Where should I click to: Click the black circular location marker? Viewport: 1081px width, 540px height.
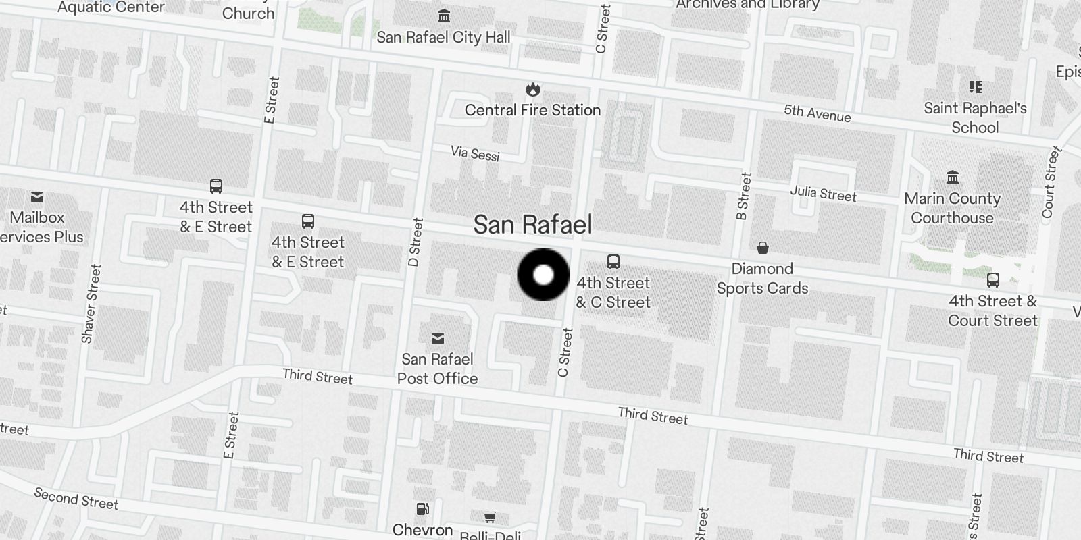[544, 275]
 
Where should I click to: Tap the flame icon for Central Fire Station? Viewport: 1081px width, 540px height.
[532, 89]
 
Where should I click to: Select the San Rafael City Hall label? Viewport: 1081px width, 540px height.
[443, 37]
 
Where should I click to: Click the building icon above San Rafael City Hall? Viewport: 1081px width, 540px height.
[444, 16]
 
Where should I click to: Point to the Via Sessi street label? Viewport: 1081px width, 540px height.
[475, 153]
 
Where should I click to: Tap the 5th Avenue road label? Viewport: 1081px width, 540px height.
[818, 113]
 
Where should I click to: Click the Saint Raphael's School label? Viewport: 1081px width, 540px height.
[975, 117]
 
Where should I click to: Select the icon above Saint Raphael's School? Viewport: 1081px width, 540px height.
[975, 87]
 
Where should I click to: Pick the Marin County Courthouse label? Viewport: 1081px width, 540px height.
[952, 208]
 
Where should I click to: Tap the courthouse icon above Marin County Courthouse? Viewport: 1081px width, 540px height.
[953, 178]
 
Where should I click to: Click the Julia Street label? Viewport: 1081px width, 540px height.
[823, 194]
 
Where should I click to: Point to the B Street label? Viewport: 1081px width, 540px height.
[744, 196]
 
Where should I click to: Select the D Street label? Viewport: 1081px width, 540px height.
[416, 242]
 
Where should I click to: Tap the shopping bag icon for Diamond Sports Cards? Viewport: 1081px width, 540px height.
[763, 248]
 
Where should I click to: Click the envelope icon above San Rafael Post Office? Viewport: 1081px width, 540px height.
[438, 338]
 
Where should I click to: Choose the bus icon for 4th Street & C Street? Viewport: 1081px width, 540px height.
[613, 261]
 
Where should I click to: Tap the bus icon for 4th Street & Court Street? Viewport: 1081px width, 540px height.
[993, 279]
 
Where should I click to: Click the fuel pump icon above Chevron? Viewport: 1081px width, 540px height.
[422, 509]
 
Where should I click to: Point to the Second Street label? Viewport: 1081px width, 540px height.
[76, 499]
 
